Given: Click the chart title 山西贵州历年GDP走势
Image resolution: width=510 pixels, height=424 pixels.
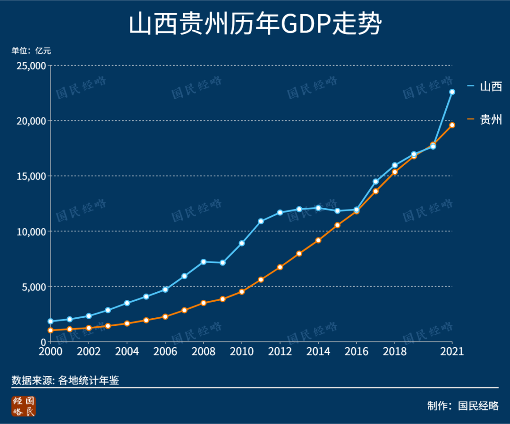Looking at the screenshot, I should [x=255, y=25].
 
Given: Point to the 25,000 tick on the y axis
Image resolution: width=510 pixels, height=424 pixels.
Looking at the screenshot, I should [x=30, y=66].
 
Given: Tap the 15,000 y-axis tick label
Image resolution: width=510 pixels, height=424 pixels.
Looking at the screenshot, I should [x=30, y=176].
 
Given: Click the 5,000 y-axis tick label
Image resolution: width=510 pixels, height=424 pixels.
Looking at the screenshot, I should [x=32, y=287].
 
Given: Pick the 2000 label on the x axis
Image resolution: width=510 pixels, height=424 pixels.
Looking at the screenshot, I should [x=51, y=352].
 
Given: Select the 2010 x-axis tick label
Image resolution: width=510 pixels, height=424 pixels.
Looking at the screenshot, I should [x=242, y=352].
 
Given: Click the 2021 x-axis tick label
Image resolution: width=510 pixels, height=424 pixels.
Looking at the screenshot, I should [x=452, y=352].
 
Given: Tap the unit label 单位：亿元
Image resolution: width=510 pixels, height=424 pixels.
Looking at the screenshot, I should [x=31, y=51].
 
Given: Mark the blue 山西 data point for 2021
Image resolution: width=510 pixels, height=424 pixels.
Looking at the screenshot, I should [x=452, y=92].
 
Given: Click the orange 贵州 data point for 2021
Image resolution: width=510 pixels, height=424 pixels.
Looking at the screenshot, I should [x=452, y=125].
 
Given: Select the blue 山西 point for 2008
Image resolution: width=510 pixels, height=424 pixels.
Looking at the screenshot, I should [x=204, y=262].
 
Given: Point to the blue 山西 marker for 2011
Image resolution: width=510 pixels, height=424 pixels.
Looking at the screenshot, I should [x=261, y=221].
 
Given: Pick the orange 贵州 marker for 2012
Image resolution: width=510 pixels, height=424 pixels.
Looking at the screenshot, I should [x=280, y=267].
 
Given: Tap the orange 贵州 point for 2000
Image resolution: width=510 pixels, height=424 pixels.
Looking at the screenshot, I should [x=51, y=331].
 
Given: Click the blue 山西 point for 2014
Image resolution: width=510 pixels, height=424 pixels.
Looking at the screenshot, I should [x=318, y=208].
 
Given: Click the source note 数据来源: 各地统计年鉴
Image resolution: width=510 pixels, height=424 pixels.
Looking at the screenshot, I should [x=65, y=381].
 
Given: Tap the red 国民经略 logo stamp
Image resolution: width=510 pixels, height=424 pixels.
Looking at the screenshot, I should [x=24, y=406].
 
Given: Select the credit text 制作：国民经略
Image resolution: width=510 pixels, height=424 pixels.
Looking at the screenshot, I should [x=462, y=406].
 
